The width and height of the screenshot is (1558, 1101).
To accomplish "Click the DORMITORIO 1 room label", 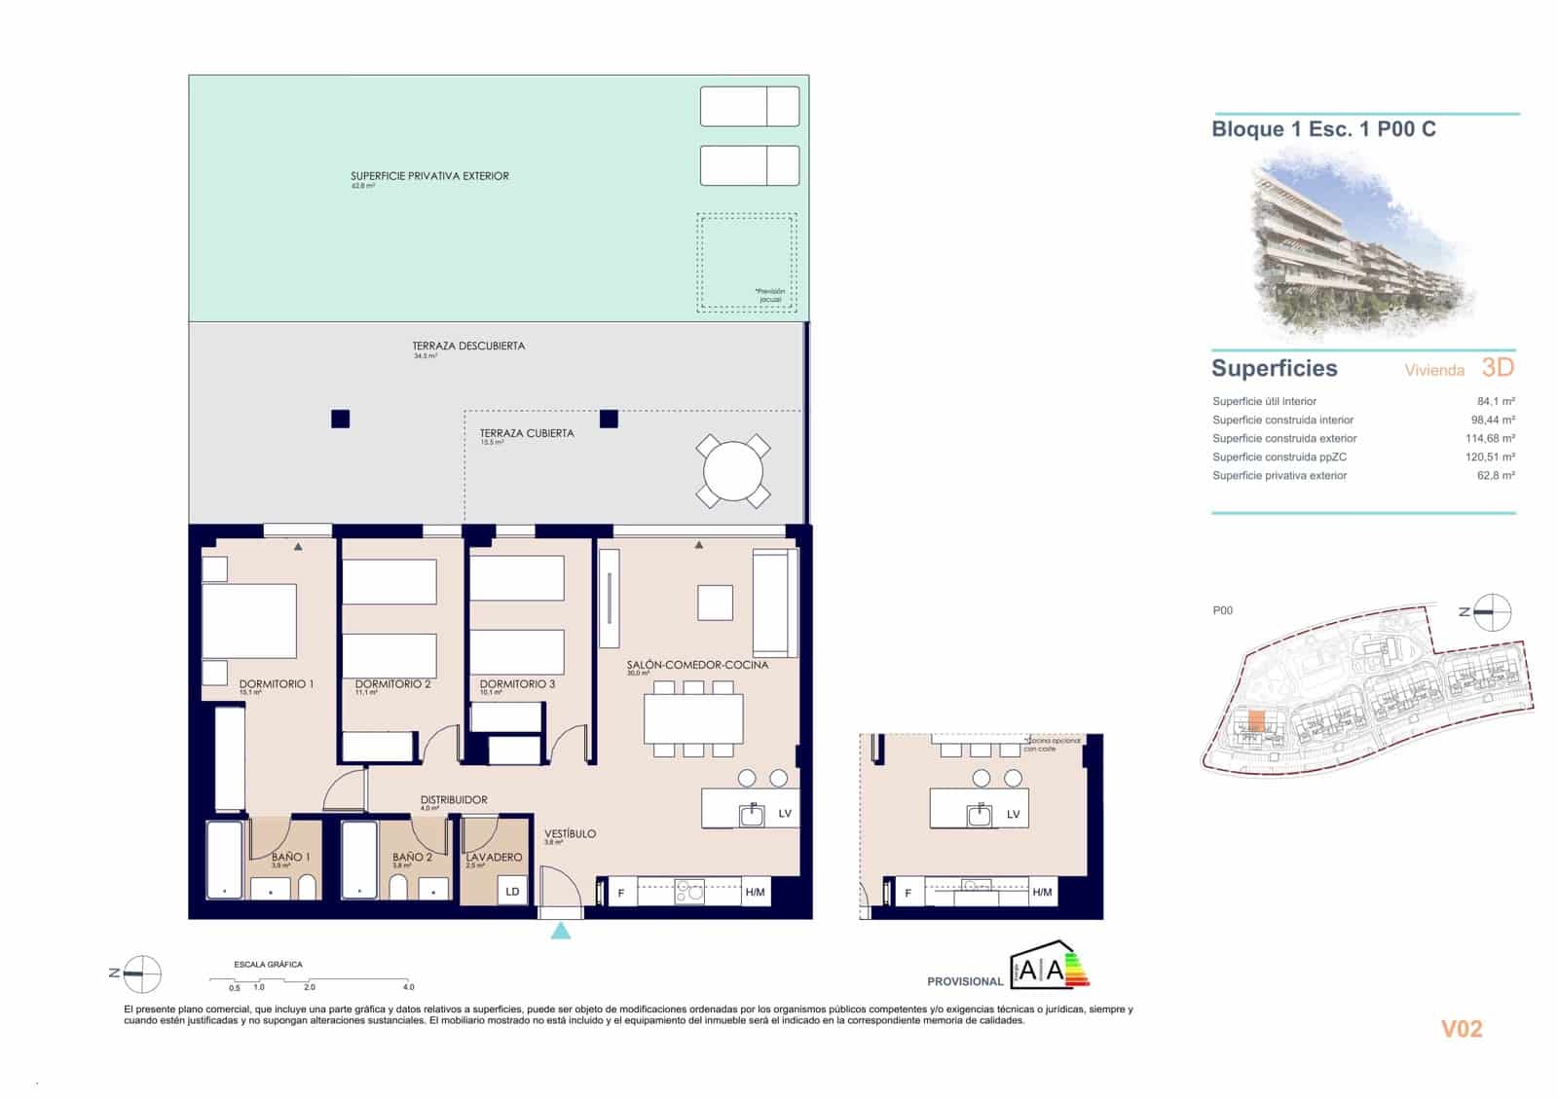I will [277, 684].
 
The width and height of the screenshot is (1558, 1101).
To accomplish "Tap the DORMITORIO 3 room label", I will [517, 684].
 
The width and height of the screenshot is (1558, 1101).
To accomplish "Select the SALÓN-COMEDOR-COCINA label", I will [697, 665].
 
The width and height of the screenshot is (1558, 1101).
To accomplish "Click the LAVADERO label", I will [494, 858].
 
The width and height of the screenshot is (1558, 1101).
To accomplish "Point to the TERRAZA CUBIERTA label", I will [527, 433].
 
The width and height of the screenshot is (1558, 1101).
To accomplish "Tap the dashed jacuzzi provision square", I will [746, 263].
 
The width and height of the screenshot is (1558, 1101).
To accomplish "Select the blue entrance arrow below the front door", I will [561, 932].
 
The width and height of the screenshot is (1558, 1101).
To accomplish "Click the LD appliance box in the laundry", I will [512, 891].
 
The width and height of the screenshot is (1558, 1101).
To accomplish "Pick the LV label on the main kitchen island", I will [785, 814].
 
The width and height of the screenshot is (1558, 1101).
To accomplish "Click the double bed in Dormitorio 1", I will [249, 620].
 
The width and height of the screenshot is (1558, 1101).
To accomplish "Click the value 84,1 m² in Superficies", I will [1495, 401].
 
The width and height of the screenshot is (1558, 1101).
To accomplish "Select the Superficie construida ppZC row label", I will [1279, 457].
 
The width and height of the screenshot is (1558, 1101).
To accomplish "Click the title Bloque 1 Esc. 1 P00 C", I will [1323, 129].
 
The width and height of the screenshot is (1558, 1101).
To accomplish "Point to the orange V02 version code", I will [1461, 1029].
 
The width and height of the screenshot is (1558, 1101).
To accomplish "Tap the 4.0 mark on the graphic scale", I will [409, 987].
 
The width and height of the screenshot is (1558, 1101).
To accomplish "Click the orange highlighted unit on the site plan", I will [1256, 722].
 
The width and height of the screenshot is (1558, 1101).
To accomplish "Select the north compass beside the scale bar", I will [142, 973].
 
